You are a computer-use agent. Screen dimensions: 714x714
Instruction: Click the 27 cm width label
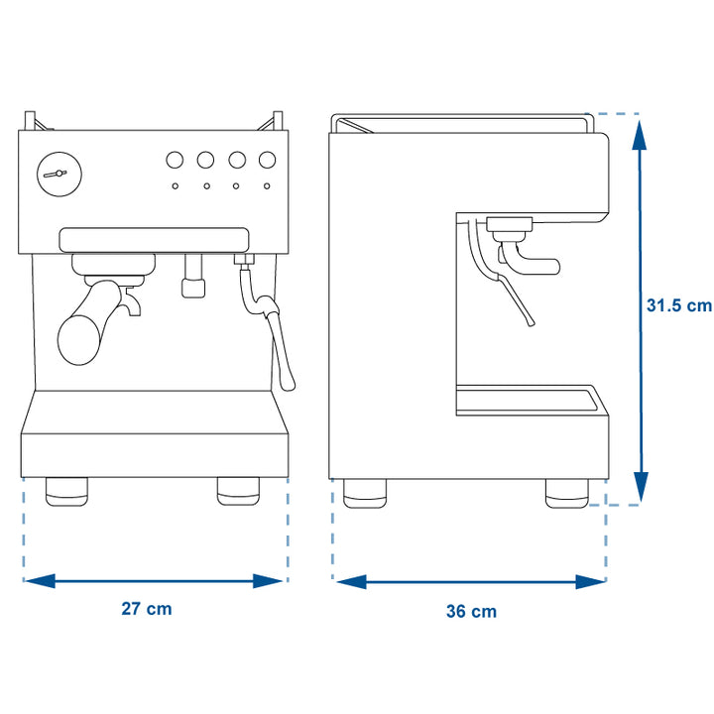(x=147, y=609)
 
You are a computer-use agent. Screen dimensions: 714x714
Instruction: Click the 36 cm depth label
(x=471, y=612)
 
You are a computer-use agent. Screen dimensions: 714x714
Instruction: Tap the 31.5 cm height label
(x=678, y=306)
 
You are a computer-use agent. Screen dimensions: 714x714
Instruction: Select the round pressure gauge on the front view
(x=55, y=174)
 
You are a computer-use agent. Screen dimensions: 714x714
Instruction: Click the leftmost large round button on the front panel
(x=175, y=160)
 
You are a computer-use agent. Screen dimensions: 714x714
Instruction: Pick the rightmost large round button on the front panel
(x=267, y=160)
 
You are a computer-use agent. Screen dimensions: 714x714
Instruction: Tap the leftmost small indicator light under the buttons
(x=175, y=185)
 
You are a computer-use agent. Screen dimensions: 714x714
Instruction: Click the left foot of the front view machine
(x=66, y=492)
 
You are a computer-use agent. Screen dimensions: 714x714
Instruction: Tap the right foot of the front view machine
(x=238, y=492)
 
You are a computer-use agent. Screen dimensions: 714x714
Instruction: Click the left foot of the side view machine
(x=367, y=494)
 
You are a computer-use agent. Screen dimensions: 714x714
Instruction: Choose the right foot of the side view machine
(x=566, y=494)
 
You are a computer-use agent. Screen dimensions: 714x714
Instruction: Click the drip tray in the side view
(x=531, y=400)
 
